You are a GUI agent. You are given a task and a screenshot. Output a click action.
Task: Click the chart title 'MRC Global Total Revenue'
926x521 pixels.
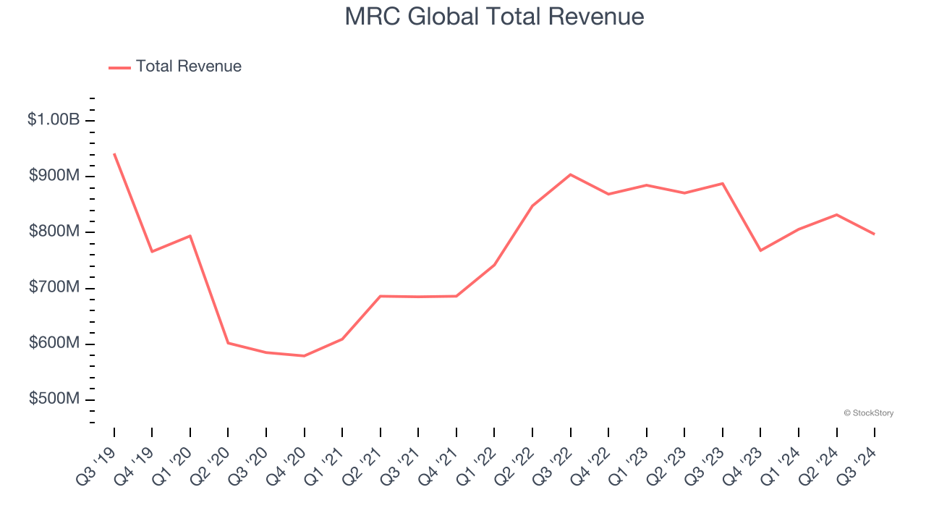[x=494, y=17]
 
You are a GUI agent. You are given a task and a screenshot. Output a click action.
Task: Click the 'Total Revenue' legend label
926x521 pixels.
[x=188, y=67]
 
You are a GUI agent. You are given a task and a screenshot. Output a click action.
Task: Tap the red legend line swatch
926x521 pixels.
[x=119, y=67]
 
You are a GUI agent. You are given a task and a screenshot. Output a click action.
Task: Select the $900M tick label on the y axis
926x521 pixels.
[x=54, y=176]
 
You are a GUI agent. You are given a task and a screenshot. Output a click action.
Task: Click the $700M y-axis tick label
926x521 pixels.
[x=54, y=288]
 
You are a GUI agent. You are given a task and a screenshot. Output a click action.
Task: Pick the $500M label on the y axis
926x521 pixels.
[x=54, y=399]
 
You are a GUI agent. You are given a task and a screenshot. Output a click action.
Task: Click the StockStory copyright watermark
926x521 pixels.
[x=868, y=413]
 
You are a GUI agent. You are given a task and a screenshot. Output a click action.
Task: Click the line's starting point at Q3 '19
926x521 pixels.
[x=114, y=154]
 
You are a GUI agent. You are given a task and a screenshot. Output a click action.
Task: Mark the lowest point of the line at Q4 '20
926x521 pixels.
[x=305, y=356]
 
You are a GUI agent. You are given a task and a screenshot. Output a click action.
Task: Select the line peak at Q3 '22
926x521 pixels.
[x=571, y=174]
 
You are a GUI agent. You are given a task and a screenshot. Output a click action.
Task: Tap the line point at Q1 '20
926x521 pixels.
[x=190, y=236]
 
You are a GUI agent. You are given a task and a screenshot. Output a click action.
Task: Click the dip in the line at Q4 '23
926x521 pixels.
[x=760, y=250]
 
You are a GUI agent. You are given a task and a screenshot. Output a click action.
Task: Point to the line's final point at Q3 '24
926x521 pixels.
[x=875, y=234]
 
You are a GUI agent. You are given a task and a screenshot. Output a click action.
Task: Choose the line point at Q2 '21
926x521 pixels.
[x=381, y=296]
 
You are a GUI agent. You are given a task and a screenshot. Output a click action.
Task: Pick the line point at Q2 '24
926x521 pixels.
[x=837, y=215]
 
